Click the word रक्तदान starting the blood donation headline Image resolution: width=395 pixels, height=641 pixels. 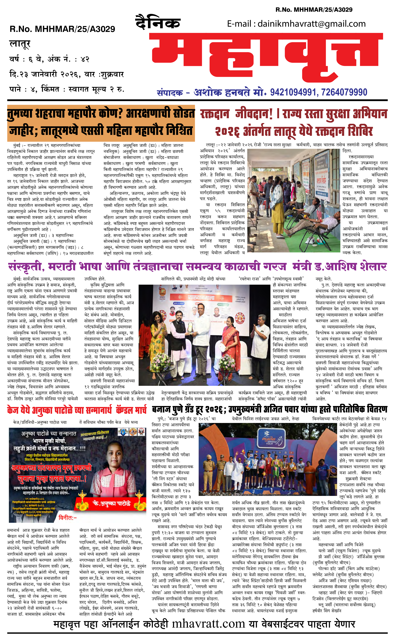pos(215,114)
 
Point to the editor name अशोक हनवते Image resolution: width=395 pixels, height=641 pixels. pos(222,92)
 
